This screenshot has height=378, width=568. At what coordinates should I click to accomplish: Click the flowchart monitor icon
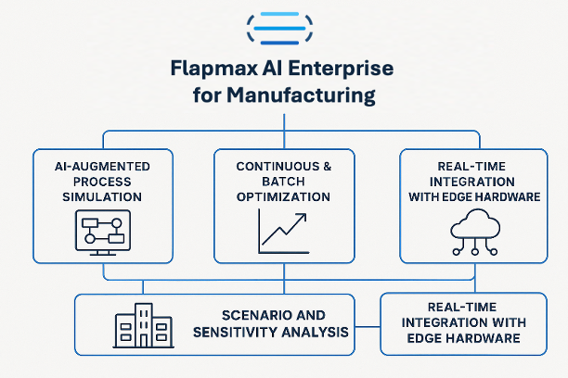(103, 232)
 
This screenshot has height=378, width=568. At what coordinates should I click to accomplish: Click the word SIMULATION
(102, 197)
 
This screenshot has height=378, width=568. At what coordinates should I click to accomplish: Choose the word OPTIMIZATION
(283, 197)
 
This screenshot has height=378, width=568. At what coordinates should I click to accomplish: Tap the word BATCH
(284, 181)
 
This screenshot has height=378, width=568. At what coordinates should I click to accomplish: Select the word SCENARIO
(253, 315)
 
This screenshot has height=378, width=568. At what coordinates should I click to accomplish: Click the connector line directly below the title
(283, 120)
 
